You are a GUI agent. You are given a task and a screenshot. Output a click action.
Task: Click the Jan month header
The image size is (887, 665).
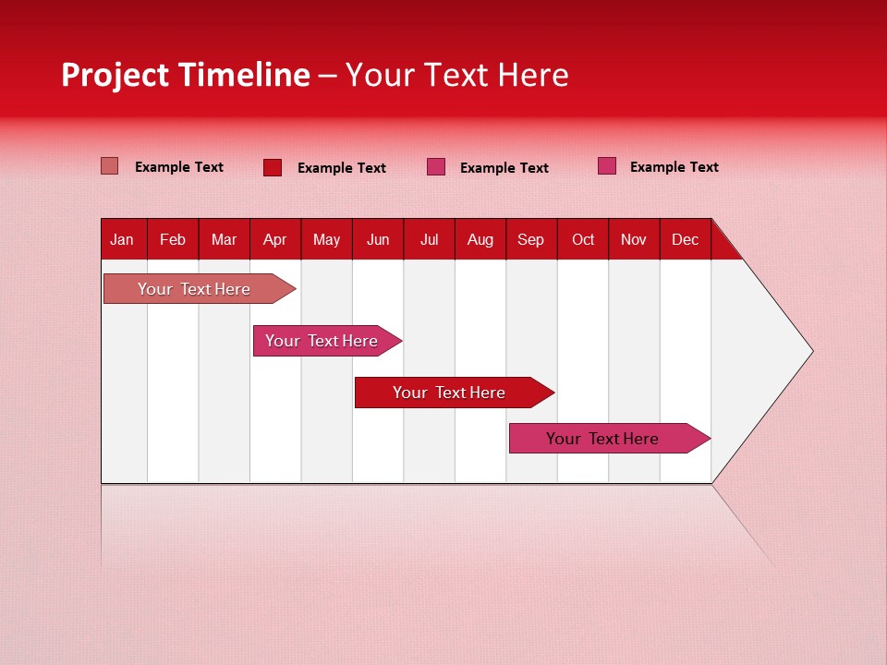(122, 240)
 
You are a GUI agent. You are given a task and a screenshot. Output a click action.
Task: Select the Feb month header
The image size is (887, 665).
(173, 240)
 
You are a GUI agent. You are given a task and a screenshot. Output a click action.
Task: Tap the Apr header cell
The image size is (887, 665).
(275, 240)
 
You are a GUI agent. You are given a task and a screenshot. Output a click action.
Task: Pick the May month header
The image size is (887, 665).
(326, 240)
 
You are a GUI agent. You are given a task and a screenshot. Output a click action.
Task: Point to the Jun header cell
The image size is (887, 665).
(378, 240)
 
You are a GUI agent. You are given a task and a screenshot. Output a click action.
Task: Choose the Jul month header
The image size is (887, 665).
(430, 240)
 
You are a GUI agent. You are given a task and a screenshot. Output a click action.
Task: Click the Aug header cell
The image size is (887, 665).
(480, 240)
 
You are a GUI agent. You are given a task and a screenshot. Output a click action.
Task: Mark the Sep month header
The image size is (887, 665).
(531, 240)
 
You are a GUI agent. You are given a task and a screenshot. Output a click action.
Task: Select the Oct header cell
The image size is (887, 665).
(583, 240)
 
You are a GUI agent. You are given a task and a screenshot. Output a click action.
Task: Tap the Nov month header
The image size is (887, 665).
(634, 240)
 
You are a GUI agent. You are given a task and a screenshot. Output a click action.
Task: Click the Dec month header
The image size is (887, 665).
(686, 240)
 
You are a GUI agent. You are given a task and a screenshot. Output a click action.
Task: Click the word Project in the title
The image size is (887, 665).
(114, 75)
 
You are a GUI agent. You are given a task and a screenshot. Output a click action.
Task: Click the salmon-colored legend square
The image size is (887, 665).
(110, 166)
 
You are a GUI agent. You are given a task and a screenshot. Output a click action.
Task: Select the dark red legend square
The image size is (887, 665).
(273, 167)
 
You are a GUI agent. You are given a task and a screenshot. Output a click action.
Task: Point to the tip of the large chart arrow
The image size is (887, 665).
(810, 351)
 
